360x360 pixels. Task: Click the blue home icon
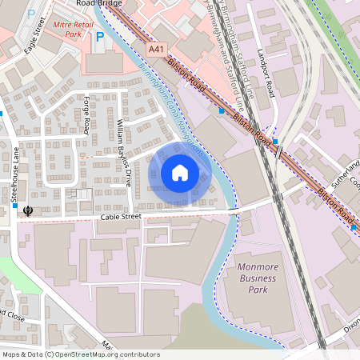(x=180, y=172)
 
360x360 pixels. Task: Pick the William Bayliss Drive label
(x=123, y=152)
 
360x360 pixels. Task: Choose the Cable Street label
(x=120, y=217)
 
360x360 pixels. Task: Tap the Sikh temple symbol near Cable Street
(x=29, y=210)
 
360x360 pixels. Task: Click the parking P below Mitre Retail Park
(x=100, y=38)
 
